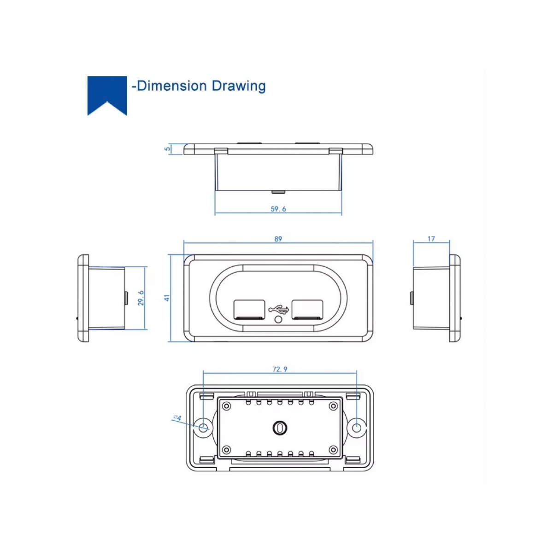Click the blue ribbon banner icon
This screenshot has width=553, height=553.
pyautogui.click(x=107, y=93)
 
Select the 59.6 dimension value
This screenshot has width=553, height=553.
pyautogui.click(x=278, y=209)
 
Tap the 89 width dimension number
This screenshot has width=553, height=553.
pyautogui.click(x=278, y=239)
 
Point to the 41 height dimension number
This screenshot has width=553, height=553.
pyautogui.click(x=167, y=298)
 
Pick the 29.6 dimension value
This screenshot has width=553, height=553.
pyautogui.click(x=141, y=298)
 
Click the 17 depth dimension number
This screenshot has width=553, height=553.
pyautogui.click(x=431, y=239)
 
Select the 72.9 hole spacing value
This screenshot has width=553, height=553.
pyautogui.click(x=280, y=369)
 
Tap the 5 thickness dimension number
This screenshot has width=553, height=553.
pyautogui.click(x=167, y=149)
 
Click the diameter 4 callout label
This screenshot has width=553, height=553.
pyautogui.click(x=177, y=418)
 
